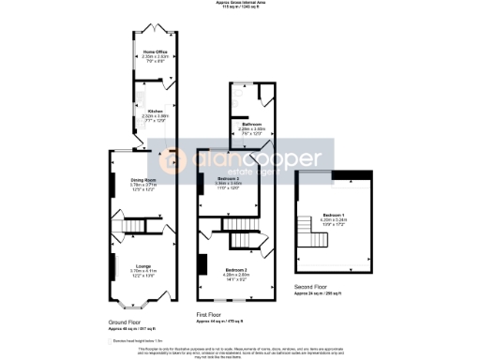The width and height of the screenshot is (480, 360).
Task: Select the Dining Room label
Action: tap(142, 179)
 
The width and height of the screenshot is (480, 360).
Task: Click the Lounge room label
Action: tap(142, 267)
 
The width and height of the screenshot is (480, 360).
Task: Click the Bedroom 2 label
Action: tap(236, 273)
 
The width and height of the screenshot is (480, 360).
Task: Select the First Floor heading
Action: tap(214, 315)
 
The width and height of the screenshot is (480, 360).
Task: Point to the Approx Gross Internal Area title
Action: tap(241, 5)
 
